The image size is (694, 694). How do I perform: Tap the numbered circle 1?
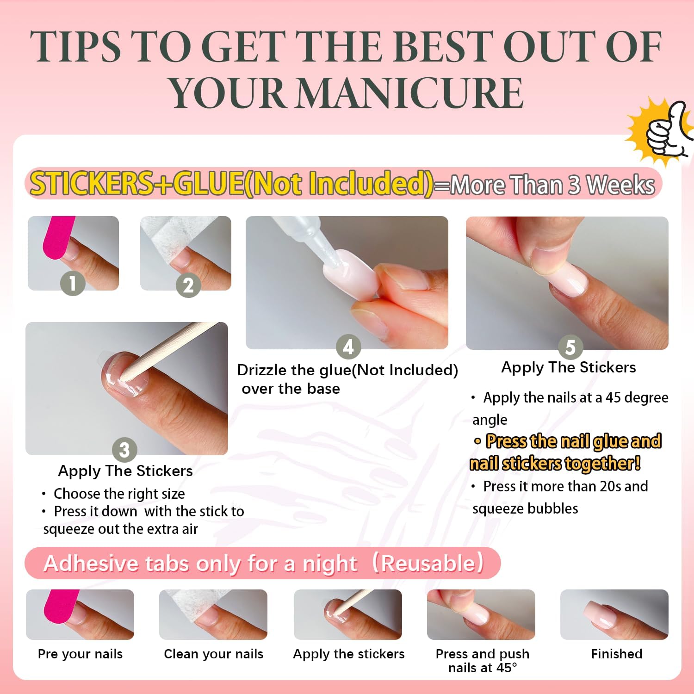(73, 283)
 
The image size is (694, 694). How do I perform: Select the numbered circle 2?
(188, 285)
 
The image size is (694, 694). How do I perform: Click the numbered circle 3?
(124, 450)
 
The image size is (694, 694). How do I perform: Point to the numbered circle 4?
(348, 347)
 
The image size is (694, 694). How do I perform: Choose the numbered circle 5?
(570, 347)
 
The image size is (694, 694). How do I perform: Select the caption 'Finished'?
(616, 654)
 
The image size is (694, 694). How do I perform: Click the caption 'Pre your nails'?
(80, 654)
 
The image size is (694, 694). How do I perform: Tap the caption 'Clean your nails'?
(213, 654)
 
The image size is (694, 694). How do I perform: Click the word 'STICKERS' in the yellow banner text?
(91, 183)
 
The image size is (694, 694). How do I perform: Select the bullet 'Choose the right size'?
(119, 494)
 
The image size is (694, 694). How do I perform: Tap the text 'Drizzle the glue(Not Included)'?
(347, 370)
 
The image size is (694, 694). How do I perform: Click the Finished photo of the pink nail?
(614, 614)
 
